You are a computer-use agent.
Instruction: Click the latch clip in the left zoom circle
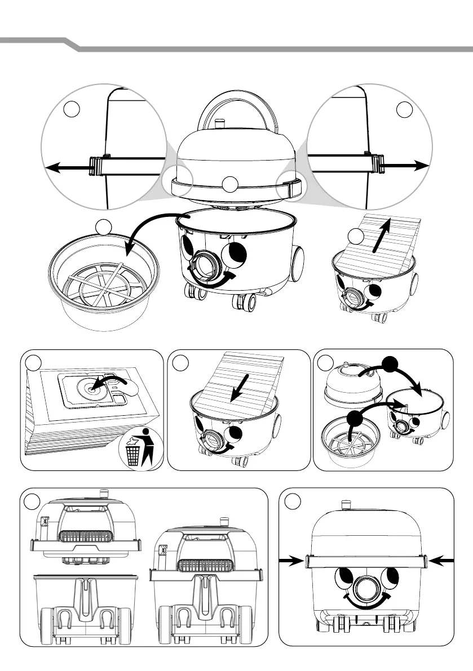pyautogui.click(x=96, y=166)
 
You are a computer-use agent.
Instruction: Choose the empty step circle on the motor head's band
pyautogui.click(x=231, y=184)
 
